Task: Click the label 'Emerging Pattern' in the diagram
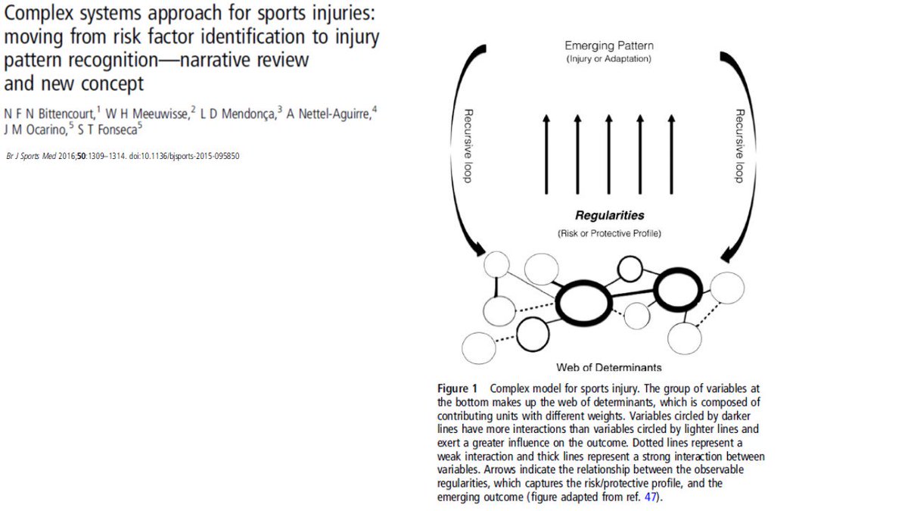tap(608, 46)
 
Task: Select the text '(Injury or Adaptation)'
tap(608, 59)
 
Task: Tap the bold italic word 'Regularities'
tap(609, 216)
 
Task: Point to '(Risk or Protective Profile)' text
tap(609, 232)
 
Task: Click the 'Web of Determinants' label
tap(608, 368)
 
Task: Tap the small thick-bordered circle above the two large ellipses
tap(630, 268)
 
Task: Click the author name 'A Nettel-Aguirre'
tap(328, 112)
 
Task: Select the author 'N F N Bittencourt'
tap(48, 112)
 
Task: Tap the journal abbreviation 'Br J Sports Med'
tap(32, 156)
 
